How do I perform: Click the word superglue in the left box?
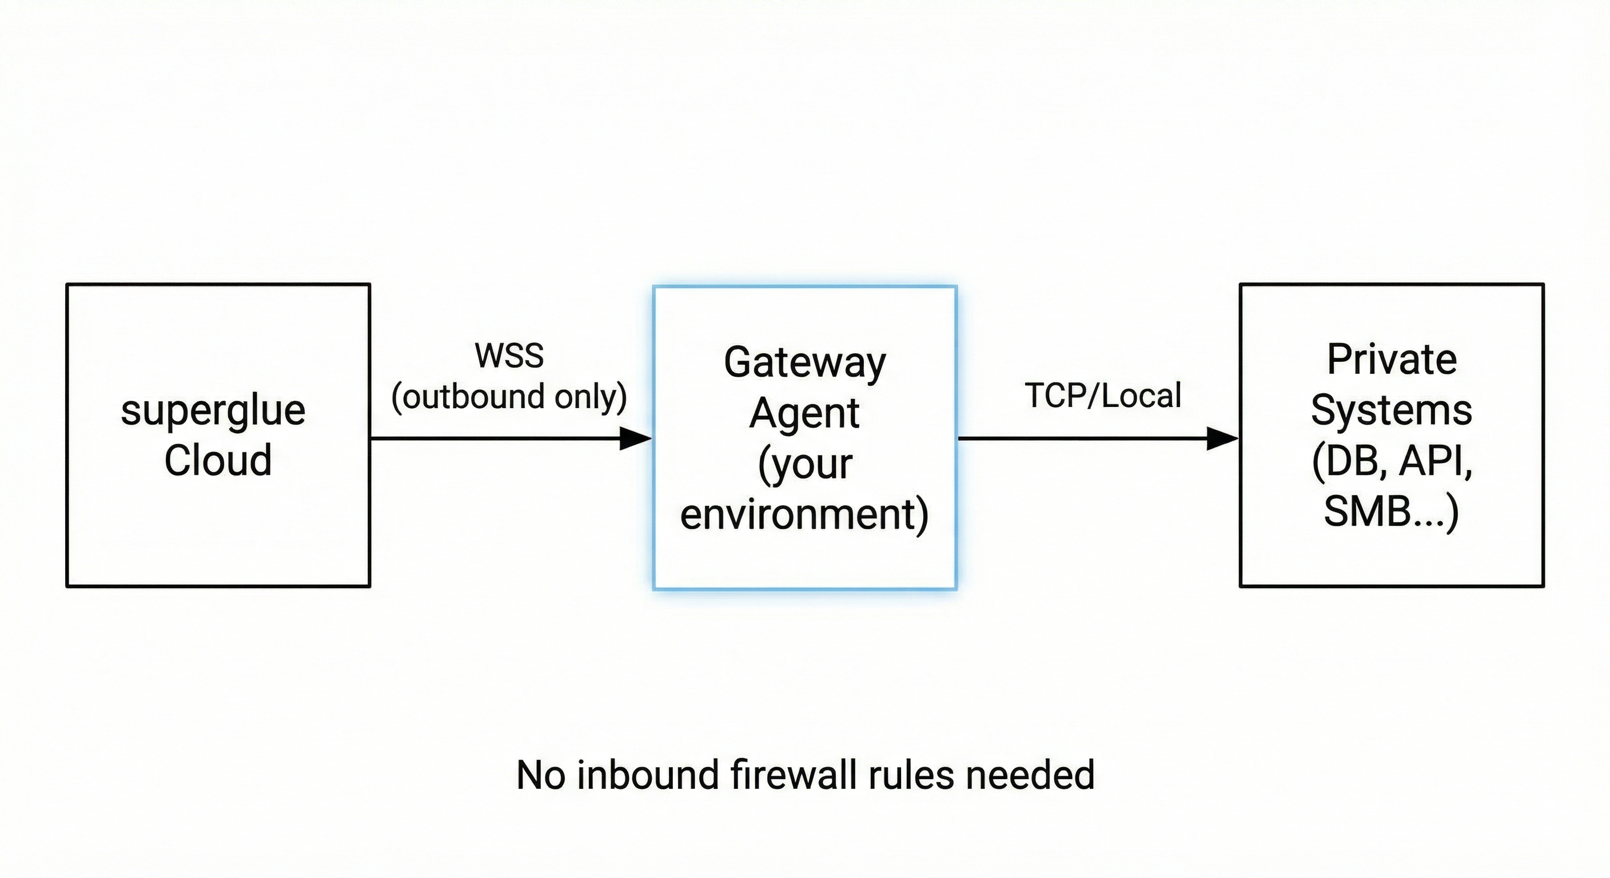[x=213, y=412]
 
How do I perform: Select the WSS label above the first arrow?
[x=509, y=356]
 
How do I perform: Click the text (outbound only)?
[x=509, y=396]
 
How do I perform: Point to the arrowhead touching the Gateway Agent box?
[x=635, y=438]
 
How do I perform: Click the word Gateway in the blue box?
[x=804, y=362]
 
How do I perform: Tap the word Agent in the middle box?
[x=804, y=413]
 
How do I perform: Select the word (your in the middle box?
[x=804, y=464]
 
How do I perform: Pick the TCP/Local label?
[x=1102, y=396]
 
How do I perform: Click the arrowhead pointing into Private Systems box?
[x=1222, y=438]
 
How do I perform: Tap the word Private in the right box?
[x=1392, y=360]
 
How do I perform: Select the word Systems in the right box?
[x=1391, y=410]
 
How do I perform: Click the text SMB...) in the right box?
[x=1391, y=511]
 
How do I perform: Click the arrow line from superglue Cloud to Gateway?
[x=494, y=438]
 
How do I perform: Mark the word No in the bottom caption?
[x=541, y=775]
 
